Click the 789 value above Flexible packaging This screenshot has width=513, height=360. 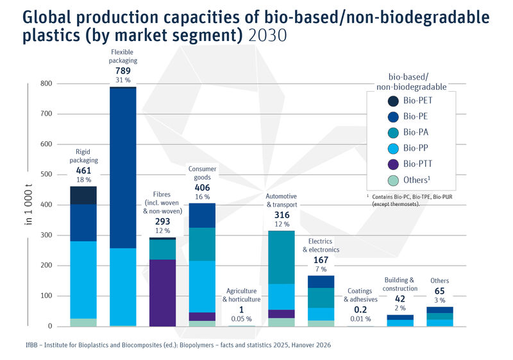(x=122, y=71)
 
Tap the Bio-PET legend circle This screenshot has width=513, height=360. (x=392, y=101)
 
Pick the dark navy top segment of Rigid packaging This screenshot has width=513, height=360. (x=83, y=196)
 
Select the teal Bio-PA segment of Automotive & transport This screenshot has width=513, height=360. (x=282, y=257)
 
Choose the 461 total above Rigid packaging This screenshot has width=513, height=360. (x=83, y=171)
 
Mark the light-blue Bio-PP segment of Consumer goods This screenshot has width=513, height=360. (x=202, y=286)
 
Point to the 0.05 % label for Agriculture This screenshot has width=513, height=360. (x=242, y=319)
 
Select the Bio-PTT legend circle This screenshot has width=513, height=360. (x=392, y=164)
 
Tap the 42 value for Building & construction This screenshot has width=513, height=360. (x=401, y=298)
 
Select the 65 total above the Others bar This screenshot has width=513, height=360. (x=440, y=291)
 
